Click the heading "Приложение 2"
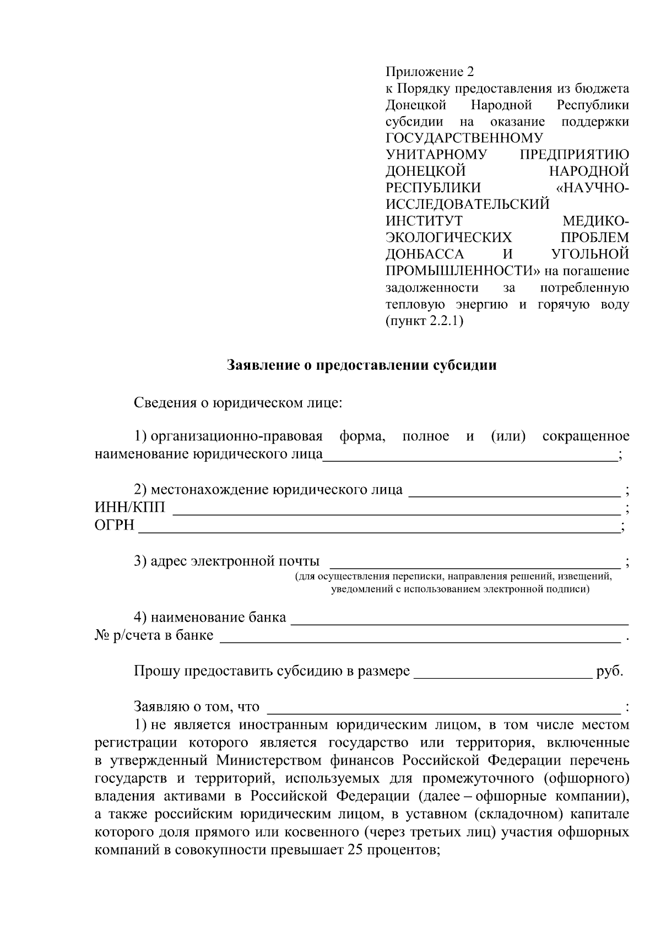coord(429,72)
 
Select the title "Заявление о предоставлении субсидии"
coord(362,365)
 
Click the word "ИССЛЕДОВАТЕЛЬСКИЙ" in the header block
coord(468,204)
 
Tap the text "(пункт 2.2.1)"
coord(424,321)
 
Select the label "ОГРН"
coord(115,525)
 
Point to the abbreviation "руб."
coord(610,672)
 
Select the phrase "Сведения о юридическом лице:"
coord(238,403)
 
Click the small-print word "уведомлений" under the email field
coord(359,590)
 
